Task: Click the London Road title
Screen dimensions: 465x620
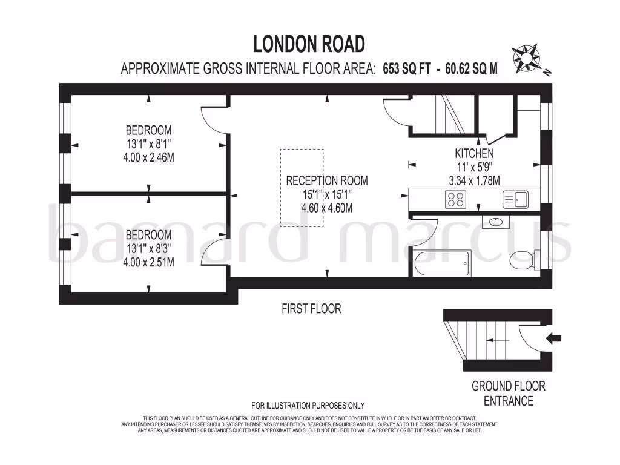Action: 309,44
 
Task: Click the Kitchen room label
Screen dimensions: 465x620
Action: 474,154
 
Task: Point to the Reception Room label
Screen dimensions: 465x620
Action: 327,180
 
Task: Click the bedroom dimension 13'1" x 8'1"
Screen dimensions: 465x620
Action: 148,143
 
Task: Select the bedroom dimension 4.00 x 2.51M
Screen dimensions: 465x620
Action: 148,262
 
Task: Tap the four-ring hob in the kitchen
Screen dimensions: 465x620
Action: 455,199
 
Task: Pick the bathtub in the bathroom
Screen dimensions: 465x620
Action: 442,263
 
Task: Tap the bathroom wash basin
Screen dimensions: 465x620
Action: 496,222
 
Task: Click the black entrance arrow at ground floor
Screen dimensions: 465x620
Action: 552,338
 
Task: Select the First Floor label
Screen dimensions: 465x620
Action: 311,309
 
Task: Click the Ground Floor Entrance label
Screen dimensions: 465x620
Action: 509,394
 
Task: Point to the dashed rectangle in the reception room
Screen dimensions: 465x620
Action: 302,187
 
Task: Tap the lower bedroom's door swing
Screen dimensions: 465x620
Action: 213,253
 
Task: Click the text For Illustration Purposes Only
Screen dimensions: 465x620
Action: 308,406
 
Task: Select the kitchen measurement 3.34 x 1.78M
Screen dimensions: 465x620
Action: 474,180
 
